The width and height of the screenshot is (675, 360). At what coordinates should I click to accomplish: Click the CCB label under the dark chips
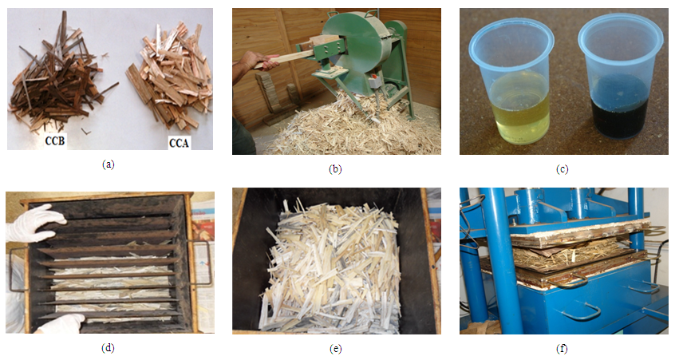(55, 140)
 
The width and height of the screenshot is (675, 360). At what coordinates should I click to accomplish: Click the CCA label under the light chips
(179, 143)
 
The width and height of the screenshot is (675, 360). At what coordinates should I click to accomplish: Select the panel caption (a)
(108, 164)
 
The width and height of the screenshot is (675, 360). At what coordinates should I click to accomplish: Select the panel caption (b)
(335, 169)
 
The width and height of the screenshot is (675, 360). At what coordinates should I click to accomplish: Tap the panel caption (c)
(562, 169)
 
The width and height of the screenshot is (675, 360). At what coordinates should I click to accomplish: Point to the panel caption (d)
(108, 348)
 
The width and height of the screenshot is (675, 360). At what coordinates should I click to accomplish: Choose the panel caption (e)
(335, 349)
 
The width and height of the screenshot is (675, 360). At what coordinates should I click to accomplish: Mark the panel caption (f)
(562, 349)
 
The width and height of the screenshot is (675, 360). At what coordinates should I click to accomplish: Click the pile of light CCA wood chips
(170, 77)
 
